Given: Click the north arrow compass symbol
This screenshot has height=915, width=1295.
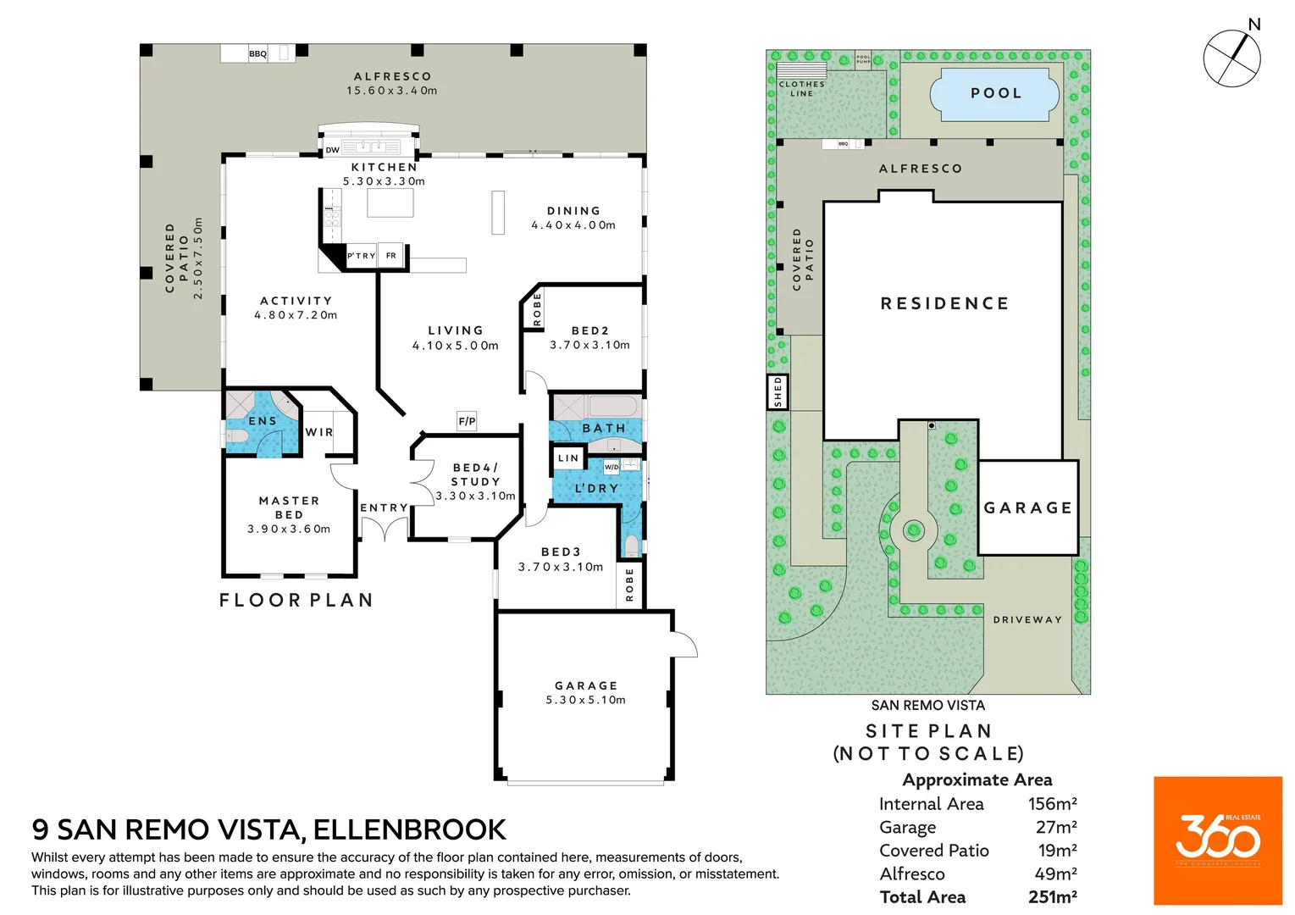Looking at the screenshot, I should click(x=1232, y=58).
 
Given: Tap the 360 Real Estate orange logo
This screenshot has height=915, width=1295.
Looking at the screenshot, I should click(x=1217, y=840).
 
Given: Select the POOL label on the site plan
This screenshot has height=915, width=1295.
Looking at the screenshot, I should click(x=996, y=93).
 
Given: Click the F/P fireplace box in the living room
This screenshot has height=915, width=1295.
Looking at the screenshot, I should click(x=467, y=421).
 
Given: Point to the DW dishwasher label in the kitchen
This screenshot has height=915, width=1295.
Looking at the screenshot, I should click(x=333, y=150).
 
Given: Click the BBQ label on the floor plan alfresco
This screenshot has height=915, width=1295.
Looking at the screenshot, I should click(x=257, y=54).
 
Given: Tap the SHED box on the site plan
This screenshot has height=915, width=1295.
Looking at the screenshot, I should click(x=778, y=392).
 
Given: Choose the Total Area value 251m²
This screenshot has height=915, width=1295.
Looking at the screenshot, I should click(x=1052, y=897).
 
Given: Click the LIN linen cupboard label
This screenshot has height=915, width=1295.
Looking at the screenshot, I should click(x=568, y=458).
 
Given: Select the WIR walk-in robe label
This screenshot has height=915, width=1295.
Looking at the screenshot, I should click(x=319, y=432).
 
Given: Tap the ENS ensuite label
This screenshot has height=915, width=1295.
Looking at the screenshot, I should click(x=263, y=421).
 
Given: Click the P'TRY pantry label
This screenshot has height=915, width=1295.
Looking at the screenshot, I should click(x=361, y=256).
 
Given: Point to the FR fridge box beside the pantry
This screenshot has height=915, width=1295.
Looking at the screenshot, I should click(x=391, y=256).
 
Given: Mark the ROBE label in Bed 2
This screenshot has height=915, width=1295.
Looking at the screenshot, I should click(x=537, y=309).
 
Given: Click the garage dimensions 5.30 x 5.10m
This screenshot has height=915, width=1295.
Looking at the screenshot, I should click(x=586, y=700).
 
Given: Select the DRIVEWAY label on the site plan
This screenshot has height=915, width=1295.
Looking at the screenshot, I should click(x=1027, y=620).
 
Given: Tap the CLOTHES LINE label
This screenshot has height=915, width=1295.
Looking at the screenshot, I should click(x=801, y=89).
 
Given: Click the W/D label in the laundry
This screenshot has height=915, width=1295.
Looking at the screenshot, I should click(x=612, y=467).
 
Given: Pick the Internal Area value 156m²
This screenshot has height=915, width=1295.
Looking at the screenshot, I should click(x=1052, y=804).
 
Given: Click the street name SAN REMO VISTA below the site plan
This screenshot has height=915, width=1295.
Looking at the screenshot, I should click(x=928, y=705).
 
